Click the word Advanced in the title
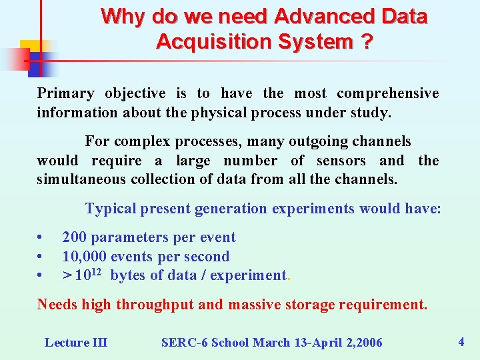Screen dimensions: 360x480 (x=316, y=16)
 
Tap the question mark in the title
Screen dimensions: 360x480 (x=365, y=42)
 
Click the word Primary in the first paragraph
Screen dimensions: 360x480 (x=65, y=93)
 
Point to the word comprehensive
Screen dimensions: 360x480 (x=387, y=93)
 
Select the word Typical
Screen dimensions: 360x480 (x=111, y=209)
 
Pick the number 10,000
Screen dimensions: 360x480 (x=85, y=256)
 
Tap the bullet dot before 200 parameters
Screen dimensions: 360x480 (x=41, y=237)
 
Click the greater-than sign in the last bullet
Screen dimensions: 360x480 (x=67, y=275)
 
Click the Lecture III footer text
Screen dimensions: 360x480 (x=75, y=343)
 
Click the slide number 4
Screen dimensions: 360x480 (x=461, y=342)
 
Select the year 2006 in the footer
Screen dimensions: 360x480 (x=368, y=343)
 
